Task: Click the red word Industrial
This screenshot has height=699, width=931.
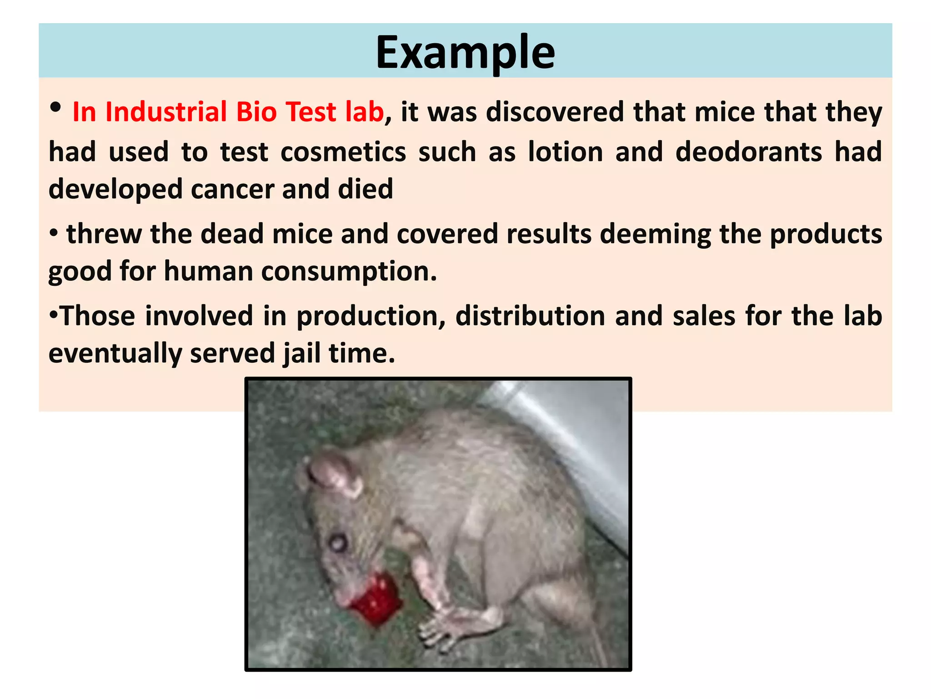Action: (x=166, y=112)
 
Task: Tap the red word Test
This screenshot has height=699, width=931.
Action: (x=311, y=112)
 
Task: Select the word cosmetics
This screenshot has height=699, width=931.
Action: (x=343, y=152)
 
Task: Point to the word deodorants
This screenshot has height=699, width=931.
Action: (x=749, y=152)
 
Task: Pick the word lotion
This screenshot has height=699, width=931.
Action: (x=565, y=152)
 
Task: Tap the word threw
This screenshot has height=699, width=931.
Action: (x=104, y=234)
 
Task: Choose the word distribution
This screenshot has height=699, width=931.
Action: (x=530, y=316)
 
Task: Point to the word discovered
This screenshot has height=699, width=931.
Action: (x=555, y=112)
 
